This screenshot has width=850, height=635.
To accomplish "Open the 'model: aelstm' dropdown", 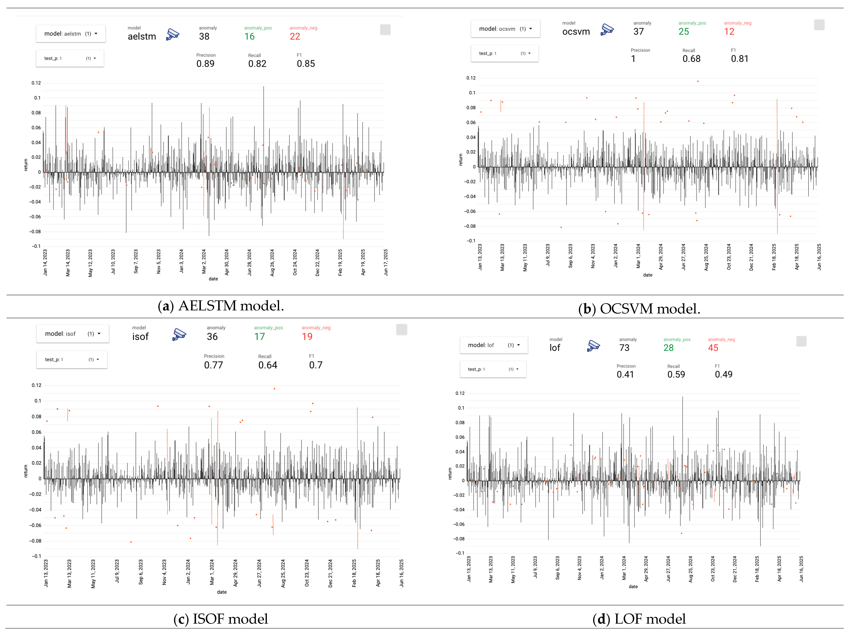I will coord(71,34).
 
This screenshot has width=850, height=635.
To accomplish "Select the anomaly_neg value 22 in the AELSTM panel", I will coord(295,36).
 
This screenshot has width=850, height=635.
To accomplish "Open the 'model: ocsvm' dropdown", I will coord(505,29).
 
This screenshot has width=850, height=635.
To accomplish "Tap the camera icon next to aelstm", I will coord(173,35).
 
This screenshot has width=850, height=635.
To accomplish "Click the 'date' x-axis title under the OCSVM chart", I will coord(647,275).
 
